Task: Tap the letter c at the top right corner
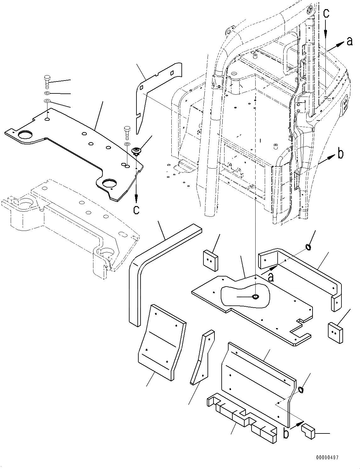pos(327,13)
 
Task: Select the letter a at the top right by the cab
pos(349,41)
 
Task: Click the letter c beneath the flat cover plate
pos(136,209)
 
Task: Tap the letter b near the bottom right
pos(286,433)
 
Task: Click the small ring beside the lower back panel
pos(301,390)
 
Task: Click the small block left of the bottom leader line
pos(308,430)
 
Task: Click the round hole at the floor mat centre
pos(255,297)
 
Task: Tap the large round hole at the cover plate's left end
pos(24,135)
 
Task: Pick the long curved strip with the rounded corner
pos(148,267)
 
